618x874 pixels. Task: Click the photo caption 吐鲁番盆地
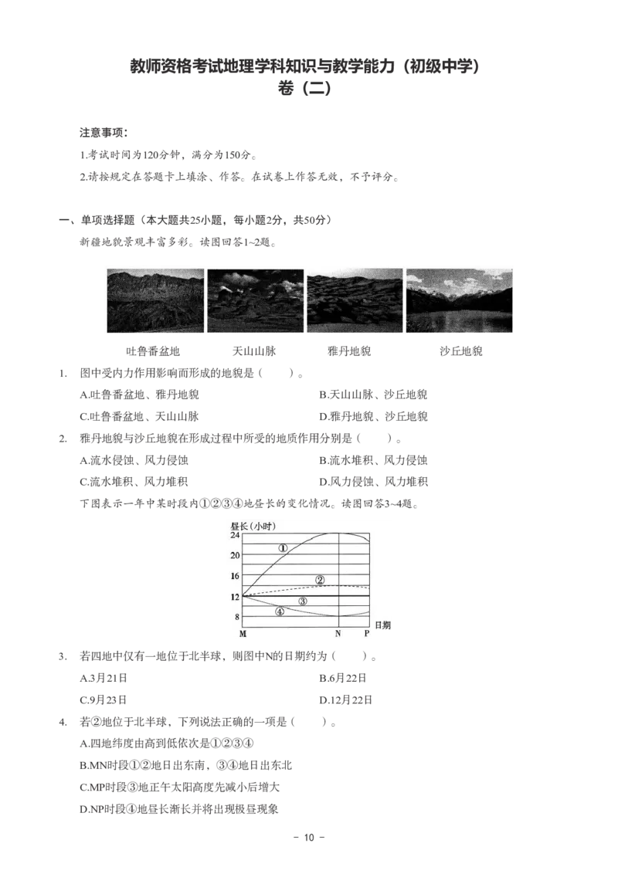pyautogui.click(x=153, y=351)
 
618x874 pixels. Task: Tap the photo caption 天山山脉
pyautogui.click(x=254, y=351)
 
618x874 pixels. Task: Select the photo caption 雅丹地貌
pyautogui.click(x=349, y=351)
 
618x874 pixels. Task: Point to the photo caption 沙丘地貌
pyautogui.click(x=461, y=351)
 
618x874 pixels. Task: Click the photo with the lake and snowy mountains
pyautogui.click(x=459, y=300)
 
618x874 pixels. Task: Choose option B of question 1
pyautogui.click(x=373, y=395)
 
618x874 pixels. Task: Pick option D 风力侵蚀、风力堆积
pyautogui.click(x=373, y=482)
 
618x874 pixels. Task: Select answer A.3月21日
pyautogui.click(x=104, y=679)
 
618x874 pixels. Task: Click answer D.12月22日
pyautogui.click(x=345, y=700)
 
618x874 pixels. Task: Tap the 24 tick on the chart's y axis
pyautogui.click(x=235, y=535)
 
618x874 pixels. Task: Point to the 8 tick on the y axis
pyautogui.click(x=237, y=617)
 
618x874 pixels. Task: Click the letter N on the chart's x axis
pyautogui.click(x=338, y=634)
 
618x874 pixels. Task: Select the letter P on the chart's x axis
pyautogui.click(x=367, y=634)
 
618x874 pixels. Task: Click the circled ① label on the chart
pyautogui.click(x=283, y=548)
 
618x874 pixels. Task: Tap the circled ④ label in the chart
pyautogui.click(x=280, y=611)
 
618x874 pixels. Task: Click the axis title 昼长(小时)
pyautogui.click(x=253, y=526)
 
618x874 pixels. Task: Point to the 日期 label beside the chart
pyautogui.click(x=382, y=625)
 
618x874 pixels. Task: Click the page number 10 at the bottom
pyautogui.click(x=309, y=837)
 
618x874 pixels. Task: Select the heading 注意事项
pyautogui.click(x=104, y=133)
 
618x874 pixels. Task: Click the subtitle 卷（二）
pyautogui.click(x=304, y=89)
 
